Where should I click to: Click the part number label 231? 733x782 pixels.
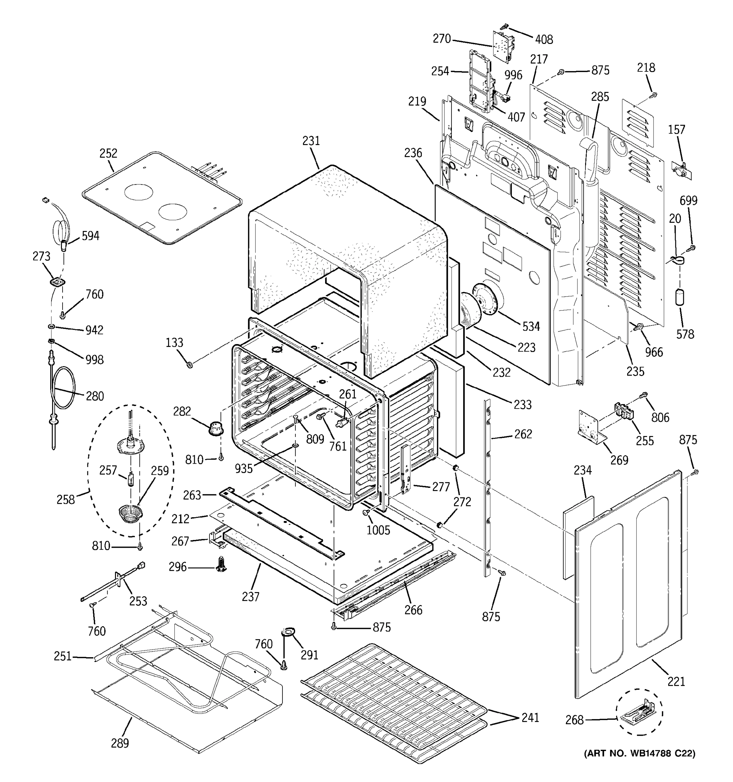[311, 141]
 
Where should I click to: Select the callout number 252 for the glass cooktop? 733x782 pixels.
[108, 153]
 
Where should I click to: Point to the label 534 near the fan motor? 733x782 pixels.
[531, 326]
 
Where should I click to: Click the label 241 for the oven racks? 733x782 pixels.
[530, 717]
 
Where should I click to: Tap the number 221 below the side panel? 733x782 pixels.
[676, 681]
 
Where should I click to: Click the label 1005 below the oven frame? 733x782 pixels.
[378, 530]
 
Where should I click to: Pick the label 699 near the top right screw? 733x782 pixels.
[689, 201]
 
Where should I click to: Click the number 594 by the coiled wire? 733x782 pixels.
[91, 236]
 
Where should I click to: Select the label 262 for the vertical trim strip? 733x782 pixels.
[523, 434]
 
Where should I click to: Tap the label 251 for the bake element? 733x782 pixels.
[63, 656]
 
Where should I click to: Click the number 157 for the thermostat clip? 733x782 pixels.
[676, 129]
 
